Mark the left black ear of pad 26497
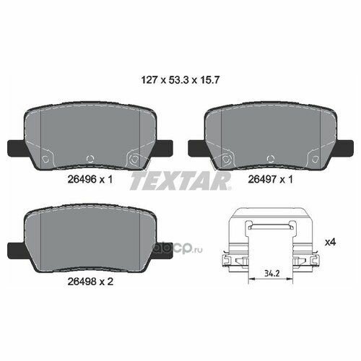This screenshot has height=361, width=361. (x=197, y=147)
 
